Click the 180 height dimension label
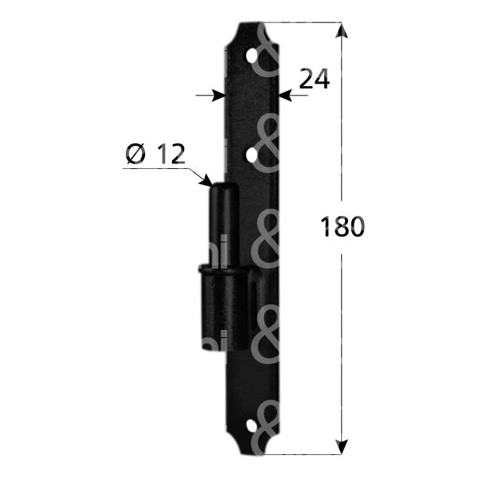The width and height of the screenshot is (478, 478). click(x=343, y=227)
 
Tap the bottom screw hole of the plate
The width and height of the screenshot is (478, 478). click(x=253, y=427)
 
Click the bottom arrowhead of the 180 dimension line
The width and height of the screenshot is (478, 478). click(x=343, y=445)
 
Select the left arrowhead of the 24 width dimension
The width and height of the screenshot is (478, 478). click(x=220, y=96)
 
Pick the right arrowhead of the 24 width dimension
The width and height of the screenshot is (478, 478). click(x=285, y=96)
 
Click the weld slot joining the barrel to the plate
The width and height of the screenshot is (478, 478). click(x=253, y=307)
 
